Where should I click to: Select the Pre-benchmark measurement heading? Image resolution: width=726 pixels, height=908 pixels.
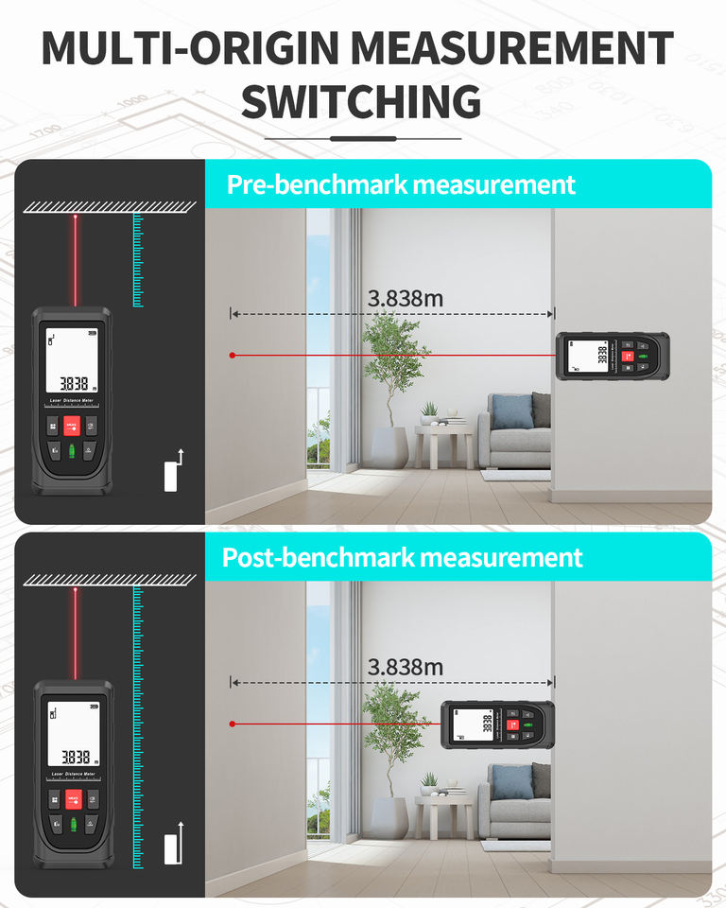(401, 183)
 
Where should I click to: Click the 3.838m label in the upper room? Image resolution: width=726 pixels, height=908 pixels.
(406, 299)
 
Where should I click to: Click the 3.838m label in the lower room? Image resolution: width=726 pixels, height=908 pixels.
(406, 667)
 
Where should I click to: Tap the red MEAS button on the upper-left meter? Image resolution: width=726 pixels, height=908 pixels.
(72, 427)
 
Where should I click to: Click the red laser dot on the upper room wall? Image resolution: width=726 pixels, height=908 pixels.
(232, 356)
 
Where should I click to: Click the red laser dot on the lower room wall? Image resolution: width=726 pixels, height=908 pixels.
(232, 724)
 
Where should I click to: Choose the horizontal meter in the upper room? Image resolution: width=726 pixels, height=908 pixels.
(612, 356)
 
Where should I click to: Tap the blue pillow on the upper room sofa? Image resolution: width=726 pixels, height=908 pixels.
(511, 410)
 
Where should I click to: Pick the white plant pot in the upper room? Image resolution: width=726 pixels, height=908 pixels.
(388, 447)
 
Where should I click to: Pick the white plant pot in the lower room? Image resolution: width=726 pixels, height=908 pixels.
(388, 816)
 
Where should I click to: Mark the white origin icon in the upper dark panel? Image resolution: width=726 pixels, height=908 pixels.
(172, 472)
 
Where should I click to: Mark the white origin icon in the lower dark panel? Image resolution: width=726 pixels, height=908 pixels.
(172, 846)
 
